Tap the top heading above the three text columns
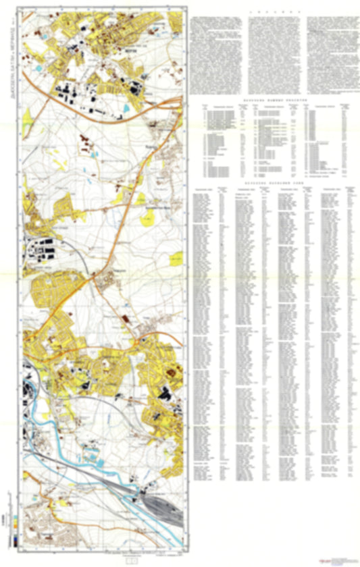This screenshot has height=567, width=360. coord(269,11)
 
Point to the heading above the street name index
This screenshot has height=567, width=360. coord(269,182)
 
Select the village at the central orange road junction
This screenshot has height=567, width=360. coord(107,279)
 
